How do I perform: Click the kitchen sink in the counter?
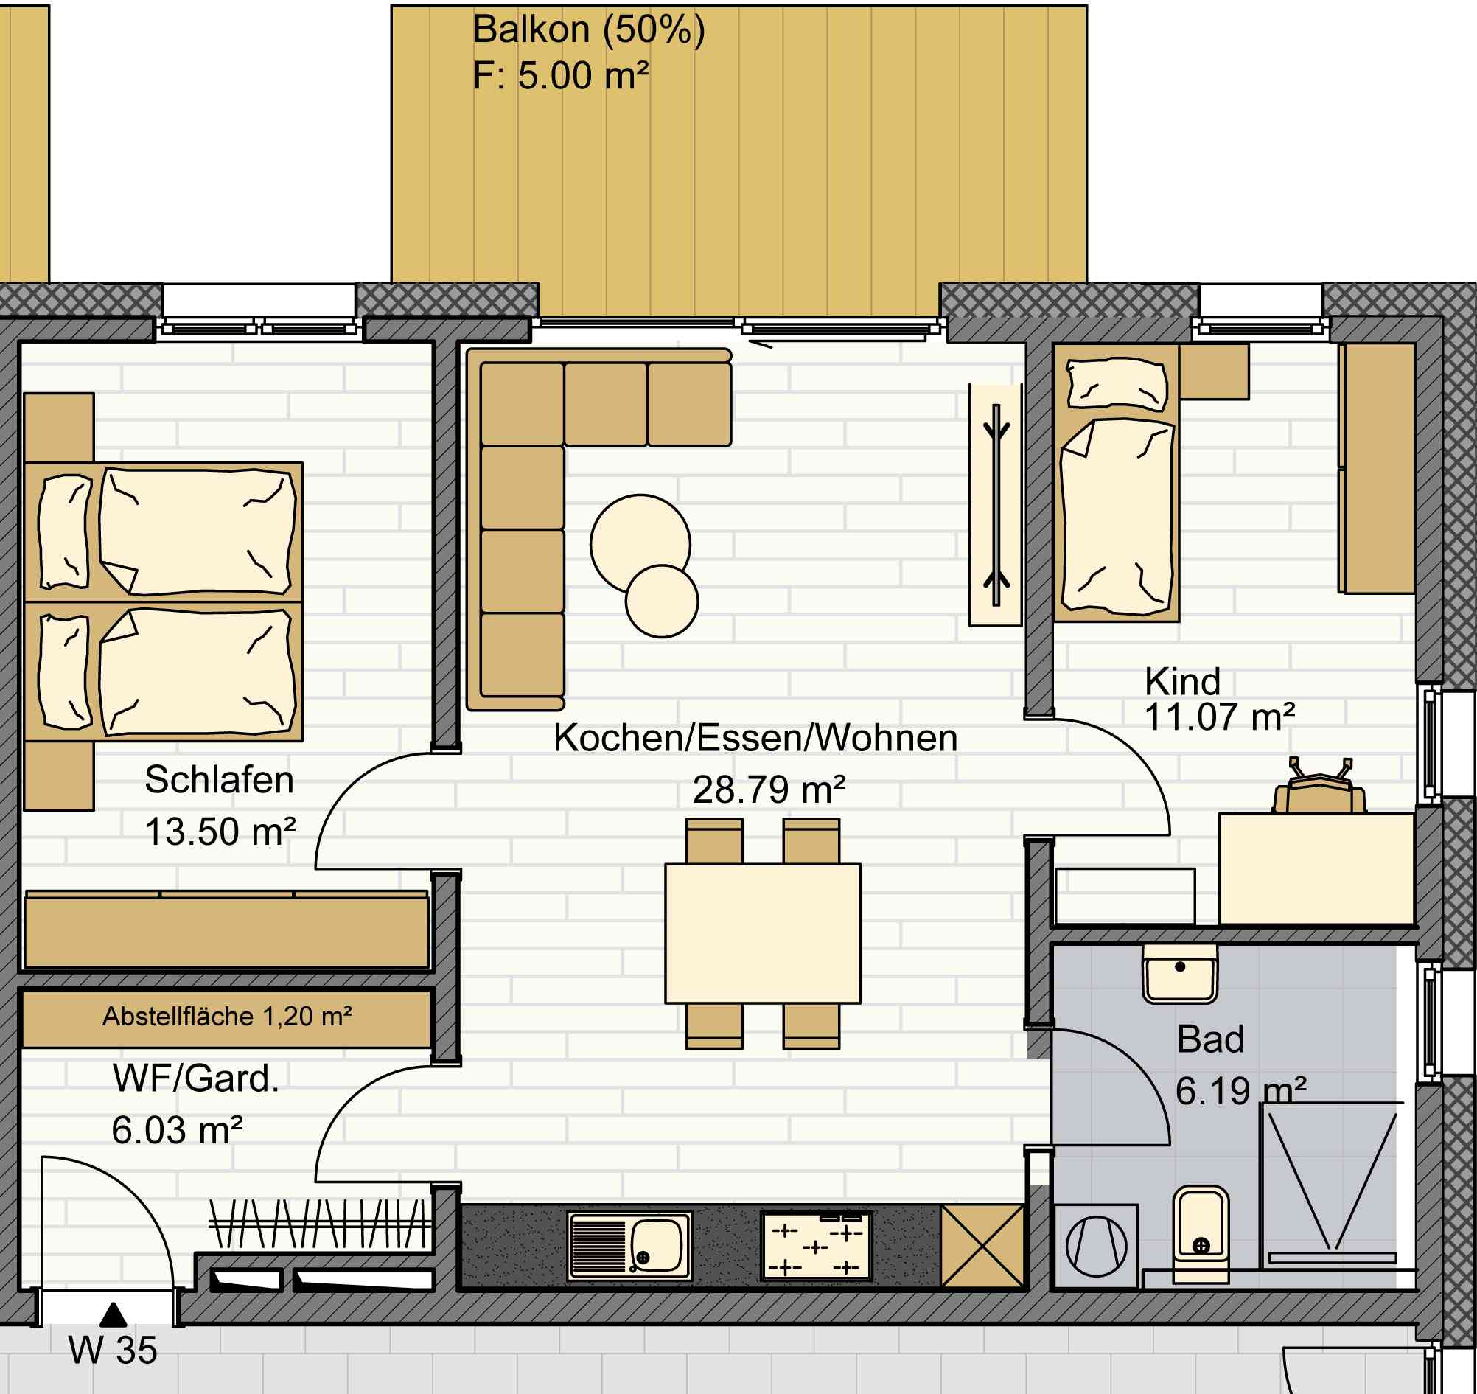tap(629, 1246)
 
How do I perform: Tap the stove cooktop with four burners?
tap(816, 1246)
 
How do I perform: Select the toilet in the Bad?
tap(1201, 1234)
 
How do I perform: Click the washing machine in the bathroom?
tap(1096, 1246)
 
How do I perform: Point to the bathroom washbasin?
tap(1180, 974)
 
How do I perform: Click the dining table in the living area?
tap(762, 933)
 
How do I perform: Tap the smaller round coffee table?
tap(662, 601)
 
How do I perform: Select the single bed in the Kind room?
tap(1116, 482)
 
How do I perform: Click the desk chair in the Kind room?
tap(1319, 787)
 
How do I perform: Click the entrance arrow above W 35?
tap(113, 1314)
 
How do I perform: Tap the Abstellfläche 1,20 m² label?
tap(227, 1017)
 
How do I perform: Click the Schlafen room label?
tap(219, 779)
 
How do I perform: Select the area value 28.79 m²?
tap(769, 790)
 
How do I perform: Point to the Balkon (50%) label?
tap(588, 30)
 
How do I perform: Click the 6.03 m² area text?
tap(177, 1130)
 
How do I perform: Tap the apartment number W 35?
tap(113, 1351)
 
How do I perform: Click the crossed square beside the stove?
tap(982, 1246)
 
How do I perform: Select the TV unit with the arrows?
tap(996, 505)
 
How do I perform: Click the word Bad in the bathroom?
tap(1211, 1039)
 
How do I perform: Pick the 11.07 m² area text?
tap(1220, 717)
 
